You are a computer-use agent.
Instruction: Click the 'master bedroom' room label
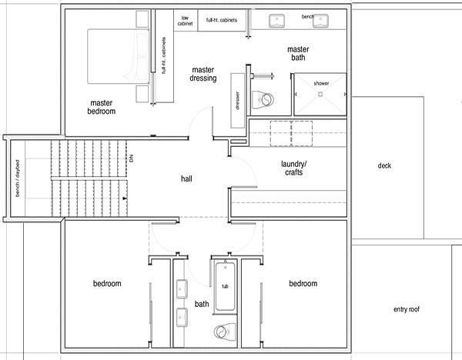tap(102, 107)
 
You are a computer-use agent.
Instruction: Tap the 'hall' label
tap(186, 178)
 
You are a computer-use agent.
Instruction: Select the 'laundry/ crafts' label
tap(293, 168)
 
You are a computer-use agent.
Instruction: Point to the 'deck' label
tap(384, 165)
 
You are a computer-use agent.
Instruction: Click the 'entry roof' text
tap(407, 309)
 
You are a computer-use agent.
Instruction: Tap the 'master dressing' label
tap(203, 74)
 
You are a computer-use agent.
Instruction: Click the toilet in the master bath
tap(263, 99)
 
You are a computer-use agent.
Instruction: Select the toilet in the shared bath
tap(225, 332)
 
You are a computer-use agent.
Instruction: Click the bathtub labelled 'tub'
tap(226, 286)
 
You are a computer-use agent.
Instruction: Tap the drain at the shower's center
tap(320, 94)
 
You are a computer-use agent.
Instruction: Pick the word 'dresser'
tap(237, 100)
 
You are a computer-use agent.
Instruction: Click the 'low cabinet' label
tap(185, 21)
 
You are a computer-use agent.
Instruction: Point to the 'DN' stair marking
tap(131, 158)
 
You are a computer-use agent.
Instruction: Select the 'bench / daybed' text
tap(18, 178)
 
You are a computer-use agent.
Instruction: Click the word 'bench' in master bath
tap(307, 17)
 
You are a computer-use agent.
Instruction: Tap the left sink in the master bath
tap(276, 22)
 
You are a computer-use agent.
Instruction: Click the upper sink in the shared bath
tap(182, 288)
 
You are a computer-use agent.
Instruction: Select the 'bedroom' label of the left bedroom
tap(107, 284)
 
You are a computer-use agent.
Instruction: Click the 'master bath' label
tap(298, 53)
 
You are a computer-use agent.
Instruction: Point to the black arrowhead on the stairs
tap(125, 198)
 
